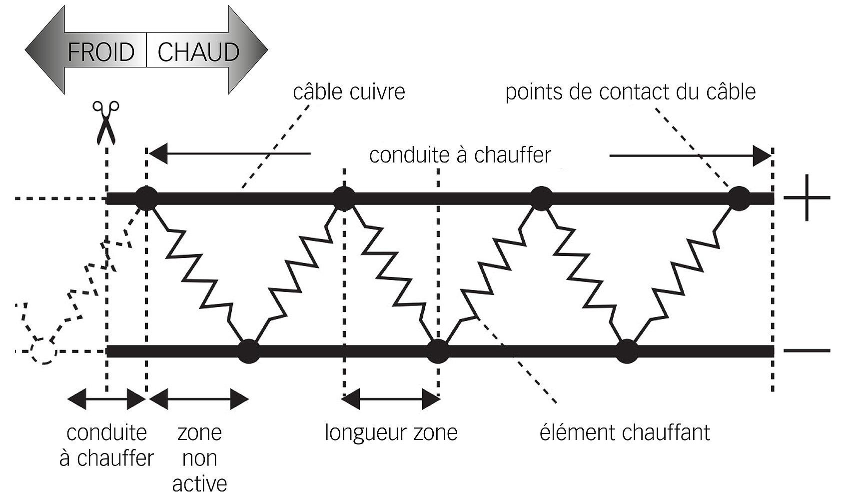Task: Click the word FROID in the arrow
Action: coord(101,52)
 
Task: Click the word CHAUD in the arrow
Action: coord(198,52)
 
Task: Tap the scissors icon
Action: coord(105,122)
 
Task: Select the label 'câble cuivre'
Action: coord(349,91)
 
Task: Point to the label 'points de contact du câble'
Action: coord(630,91)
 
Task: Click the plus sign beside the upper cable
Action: coord(807,197)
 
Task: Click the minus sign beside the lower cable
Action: coord(807,350)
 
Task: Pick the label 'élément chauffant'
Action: coord(625,432)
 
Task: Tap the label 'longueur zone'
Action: coord(391,433)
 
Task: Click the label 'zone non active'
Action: coord(199,458)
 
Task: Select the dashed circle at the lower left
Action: coord(43,351)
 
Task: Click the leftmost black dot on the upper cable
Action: coord(146,198)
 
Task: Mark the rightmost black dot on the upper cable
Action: coord(739,198)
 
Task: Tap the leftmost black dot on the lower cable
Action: coord(248,351)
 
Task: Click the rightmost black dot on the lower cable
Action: coord(627,351)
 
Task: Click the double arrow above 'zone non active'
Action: coord(199,399)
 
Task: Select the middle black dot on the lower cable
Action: coord(438,351)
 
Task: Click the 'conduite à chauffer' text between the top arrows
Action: coord(460,155)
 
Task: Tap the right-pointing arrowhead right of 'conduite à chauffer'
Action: coord(762,155)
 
